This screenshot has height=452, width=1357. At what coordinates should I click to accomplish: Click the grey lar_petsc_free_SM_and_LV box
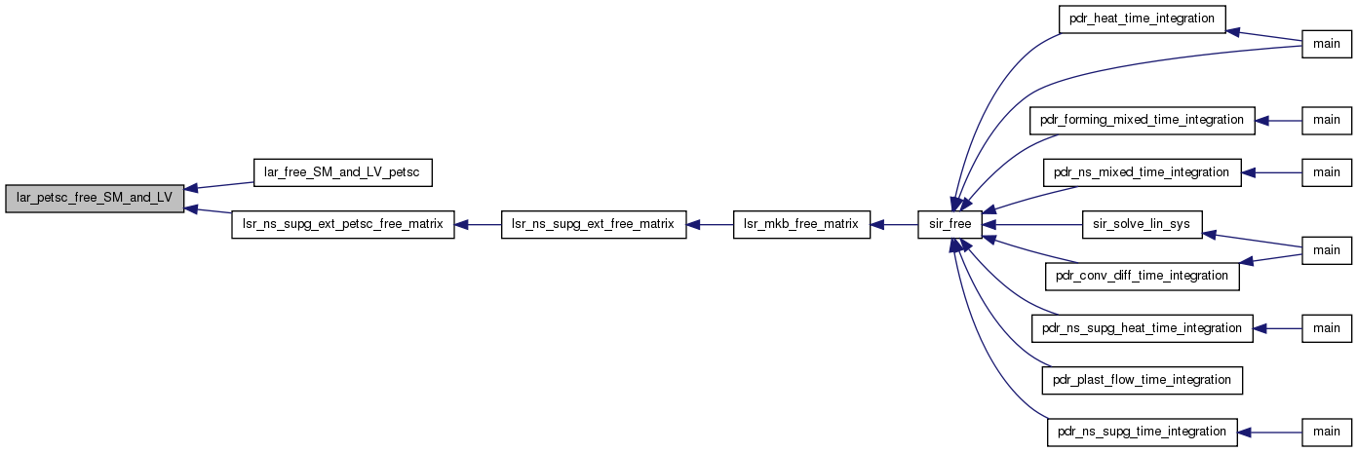point(95,199)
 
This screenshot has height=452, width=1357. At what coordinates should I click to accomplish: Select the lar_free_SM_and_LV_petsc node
point(343,173)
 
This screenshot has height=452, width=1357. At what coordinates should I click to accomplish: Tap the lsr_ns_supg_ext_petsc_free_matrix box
point(343,224)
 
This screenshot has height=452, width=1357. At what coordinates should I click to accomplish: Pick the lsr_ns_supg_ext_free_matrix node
point(594,224)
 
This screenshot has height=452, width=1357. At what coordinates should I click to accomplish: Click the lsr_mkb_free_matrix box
point(801,224)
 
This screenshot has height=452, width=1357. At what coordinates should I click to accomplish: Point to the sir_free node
point(950,224)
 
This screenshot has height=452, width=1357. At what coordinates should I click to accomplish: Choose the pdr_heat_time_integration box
point(1142,19)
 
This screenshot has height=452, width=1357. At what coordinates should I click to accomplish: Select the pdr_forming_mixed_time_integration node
point(1142,121)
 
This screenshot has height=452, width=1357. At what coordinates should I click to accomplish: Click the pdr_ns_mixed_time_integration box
point(1142,173)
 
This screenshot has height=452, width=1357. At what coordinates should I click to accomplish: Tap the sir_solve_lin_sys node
point(1142,224)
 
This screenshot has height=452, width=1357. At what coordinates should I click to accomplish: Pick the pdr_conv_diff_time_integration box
point(1142,277)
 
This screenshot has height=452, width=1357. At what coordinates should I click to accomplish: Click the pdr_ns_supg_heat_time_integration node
point(1142,328)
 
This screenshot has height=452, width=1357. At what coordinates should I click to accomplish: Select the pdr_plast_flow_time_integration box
point(1142,381)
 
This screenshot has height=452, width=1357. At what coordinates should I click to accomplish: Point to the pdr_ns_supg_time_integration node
point(1142,433)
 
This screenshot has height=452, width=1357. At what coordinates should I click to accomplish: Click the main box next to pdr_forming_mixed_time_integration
point(1327,121)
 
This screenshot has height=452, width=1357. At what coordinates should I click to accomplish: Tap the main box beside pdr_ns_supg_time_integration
point(1327,433)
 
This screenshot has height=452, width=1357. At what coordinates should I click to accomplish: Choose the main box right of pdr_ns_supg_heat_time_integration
point(1327,328)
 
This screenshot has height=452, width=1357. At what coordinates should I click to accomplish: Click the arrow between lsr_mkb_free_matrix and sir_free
point(894,224)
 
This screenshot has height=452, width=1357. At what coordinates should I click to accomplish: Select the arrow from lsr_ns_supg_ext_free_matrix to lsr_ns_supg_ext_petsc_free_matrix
point(478,224)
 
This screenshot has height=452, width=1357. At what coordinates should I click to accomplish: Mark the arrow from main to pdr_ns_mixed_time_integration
point(1271,173)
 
